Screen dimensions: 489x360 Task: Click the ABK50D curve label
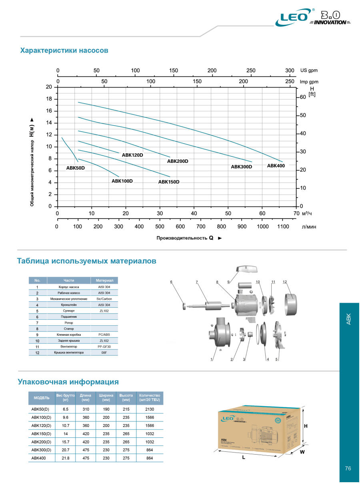[x=76, y=168]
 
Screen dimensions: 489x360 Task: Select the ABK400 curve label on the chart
[x=276, y=166]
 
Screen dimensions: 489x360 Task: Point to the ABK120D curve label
[x=132, y=155]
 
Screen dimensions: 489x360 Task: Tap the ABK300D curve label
[x=242, y=166]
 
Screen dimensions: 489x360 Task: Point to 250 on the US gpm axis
[x=251, y=70]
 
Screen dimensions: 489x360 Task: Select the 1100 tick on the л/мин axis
[x=283, y=226]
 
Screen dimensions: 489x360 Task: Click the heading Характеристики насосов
[x=64, y=51]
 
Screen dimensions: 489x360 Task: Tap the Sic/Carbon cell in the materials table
[x=104, y=299]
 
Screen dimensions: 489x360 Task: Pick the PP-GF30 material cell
[x=104, y=347]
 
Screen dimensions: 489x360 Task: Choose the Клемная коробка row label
[x=68, y=335]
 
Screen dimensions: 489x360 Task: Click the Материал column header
[x=104, y=281]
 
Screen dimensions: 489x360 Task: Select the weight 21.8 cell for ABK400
[x=66, y=458]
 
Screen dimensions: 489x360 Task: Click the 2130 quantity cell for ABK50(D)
[x=150, y=409]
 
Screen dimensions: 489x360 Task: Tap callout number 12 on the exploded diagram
[x=285, y=282]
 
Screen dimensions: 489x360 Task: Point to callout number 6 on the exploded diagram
[x=171, y=282]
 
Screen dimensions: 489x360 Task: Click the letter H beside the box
[x=306, y=426]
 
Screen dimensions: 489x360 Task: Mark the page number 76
[x=348, y=469]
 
